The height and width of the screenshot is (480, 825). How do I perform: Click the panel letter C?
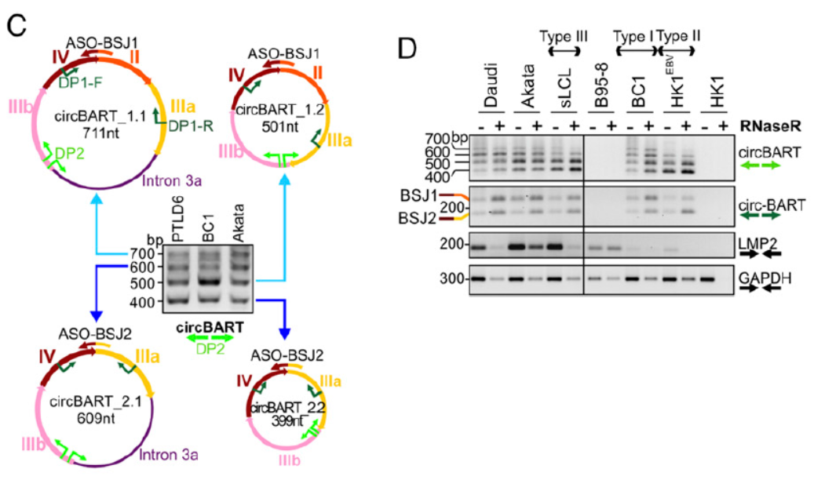pos(17,25)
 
